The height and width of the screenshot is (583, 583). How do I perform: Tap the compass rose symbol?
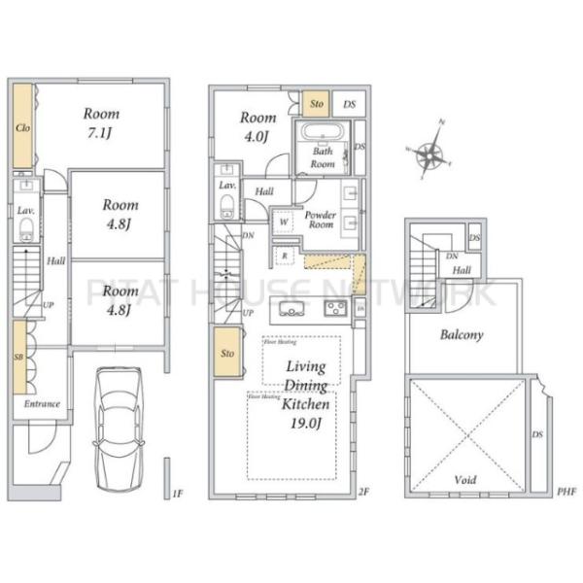[429, 154]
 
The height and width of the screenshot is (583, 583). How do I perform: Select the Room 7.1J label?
[102, 121]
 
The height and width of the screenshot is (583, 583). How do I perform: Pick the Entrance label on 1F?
[42, 404]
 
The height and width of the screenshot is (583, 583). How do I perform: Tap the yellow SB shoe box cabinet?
[19, 356]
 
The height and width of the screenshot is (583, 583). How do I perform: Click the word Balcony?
[462, 335]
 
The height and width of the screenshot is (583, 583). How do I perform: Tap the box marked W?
[283, 221]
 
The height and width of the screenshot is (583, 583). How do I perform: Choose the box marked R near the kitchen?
[284, 255]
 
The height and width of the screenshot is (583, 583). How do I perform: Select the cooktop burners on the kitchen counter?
[335, 309]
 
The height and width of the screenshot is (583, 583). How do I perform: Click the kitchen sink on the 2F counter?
[291, 310]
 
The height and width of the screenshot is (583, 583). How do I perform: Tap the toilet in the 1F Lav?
[26, 229]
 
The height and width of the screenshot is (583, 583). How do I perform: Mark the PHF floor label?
[566, 492]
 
